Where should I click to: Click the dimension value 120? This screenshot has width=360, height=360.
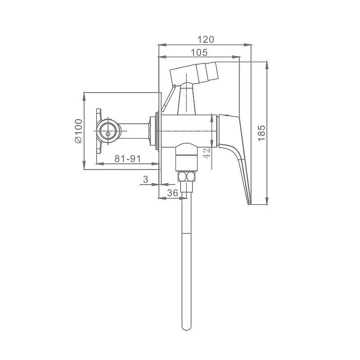(206, 40)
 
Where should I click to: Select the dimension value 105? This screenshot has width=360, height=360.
(199, 53)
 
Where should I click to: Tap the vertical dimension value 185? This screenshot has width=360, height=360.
(261, 133)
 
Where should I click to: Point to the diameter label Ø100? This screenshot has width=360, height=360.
(78, 131)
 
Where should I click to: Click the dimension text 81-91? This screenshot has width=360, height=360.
(128, 158)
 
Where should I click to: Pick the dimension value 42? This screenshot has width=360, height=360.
(207, 153)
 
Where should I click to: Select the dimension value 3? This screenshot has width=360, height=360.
(145, 179)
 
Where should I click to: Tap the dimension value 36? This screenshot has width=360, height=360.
(172, 193)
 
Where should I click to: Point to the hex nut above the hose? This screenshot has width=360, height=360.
(186, 177)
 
